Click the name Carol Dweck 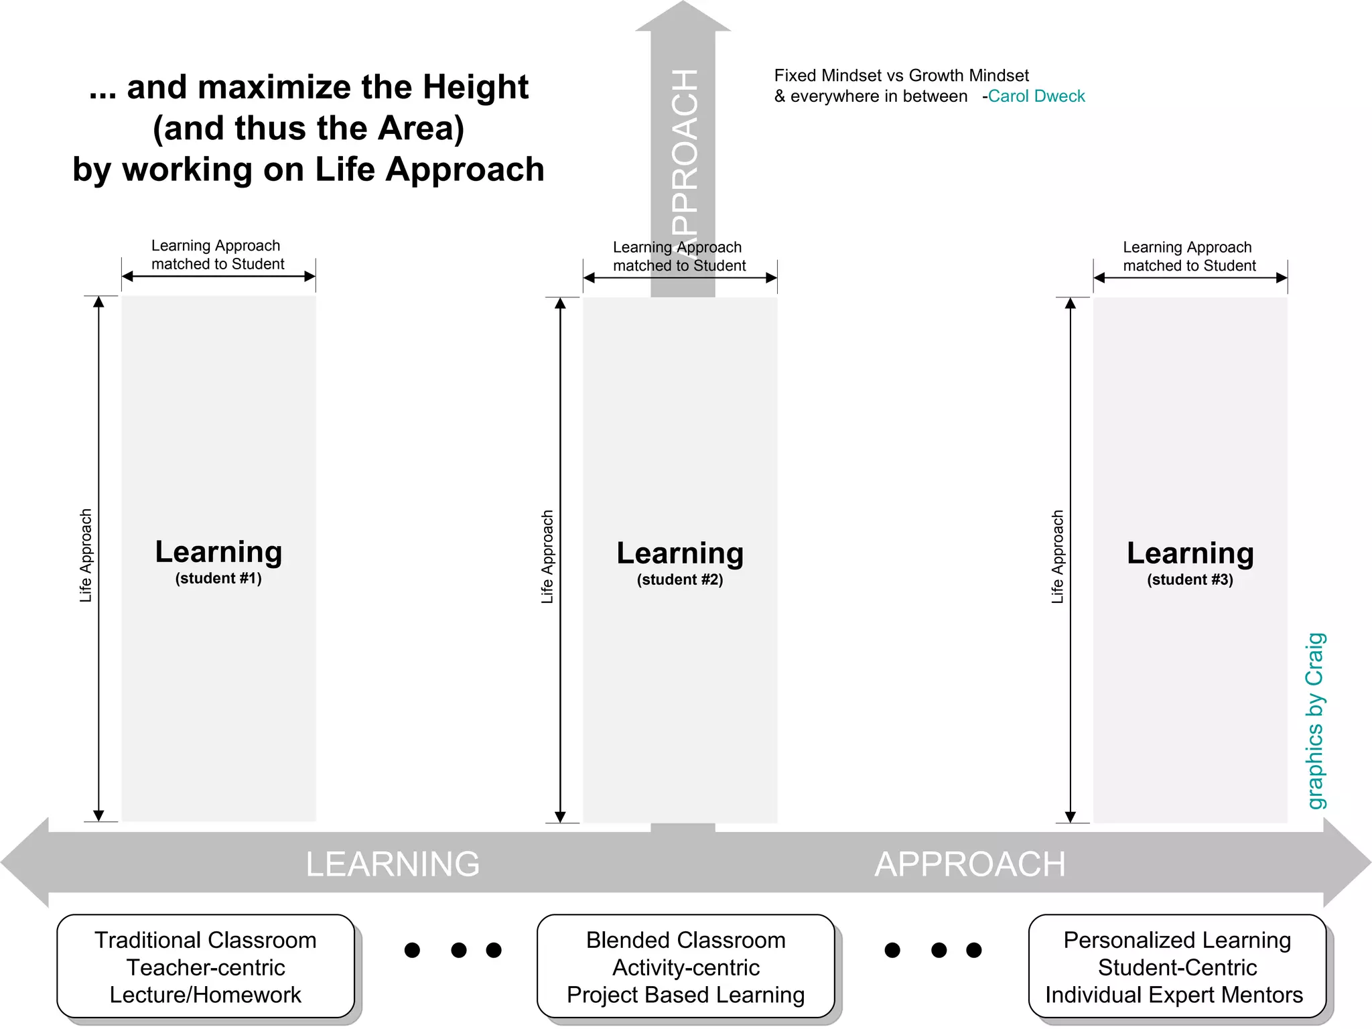1036,96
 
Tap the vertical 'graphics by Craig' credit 1316,721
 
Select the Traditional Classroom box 206,967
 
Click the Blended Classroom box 685,967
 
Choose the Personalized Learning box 1176,967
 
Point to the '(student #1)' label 218,578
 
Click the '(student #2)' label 680,579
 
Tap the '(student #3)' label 1190,579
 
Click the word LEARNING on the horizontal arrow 393,864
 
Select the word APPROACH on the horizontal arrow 969,864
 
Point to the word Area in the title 415,128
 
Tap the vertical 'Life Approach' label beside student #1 86,555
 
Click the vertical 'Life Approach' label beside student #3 1058,557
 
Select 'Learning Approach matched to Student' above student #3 1188,257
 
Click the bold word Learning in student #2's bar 680,553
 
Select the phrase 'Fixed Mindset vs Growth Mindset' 901,76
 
